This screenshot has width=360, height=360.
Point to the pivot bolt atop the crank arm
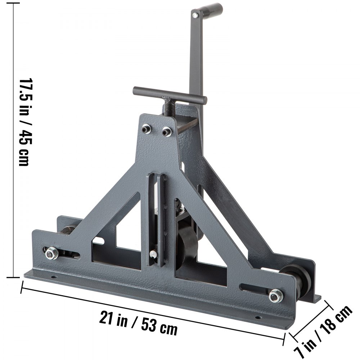tap(195, 15)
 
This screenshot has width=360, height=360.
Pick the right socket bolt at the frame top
tap(166, 132)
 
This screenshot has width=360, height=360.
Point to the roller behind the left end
tap(68, 231)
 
